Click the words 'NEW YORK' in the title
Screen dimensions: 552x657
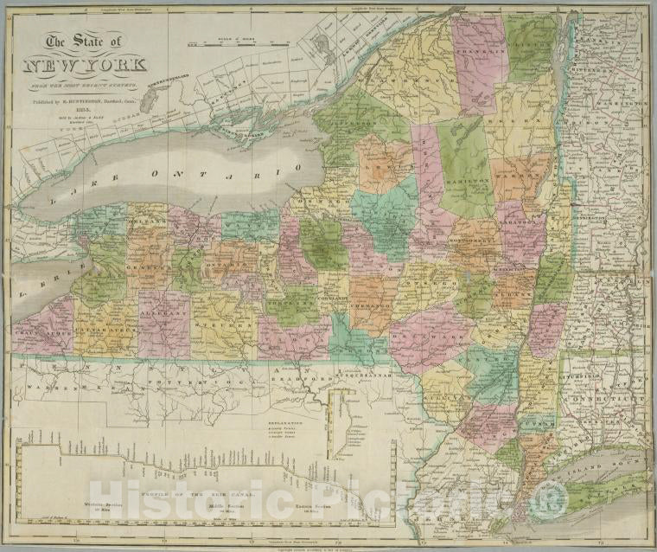click(x=84, y=67)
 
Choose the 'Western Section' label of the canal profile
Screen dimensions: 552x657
click(x=62, y=502)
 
